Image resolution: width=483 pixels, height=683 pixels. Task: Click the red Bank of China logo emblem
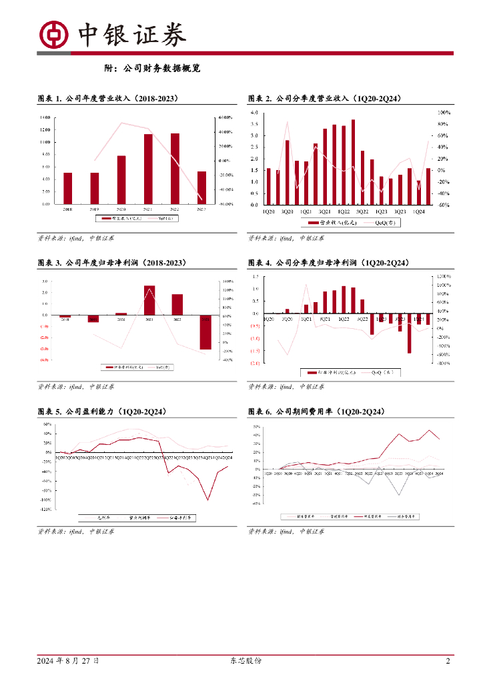tap(54, 35)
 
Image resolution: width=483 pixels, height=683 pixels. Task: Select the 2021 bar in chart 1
tap(148, 169)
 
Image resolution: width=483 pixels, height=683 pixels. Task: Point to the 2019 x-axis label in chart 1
tap(94, 209)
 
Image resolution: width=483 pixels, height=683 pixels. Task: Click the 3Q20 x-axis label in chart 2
tap(287, 211)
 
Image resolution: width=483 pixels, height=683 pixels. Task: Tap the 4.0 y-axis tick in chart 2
tap(254, 113)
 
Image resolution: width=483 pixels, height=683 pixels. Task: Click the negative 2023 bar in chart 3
tap(205, 331)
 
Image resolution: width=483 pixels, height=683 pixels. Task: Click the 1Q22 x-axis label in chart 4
tap(344, 319)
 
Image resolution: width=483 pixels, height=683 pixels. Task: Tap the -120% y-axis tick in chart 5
tap(47, 509)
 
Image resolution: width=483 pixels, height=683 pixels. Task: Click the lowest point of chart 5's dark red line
tap(208, 500)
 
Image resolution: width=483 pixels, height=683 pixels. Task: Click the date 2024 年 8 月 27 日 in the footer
tap(69, 661)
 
